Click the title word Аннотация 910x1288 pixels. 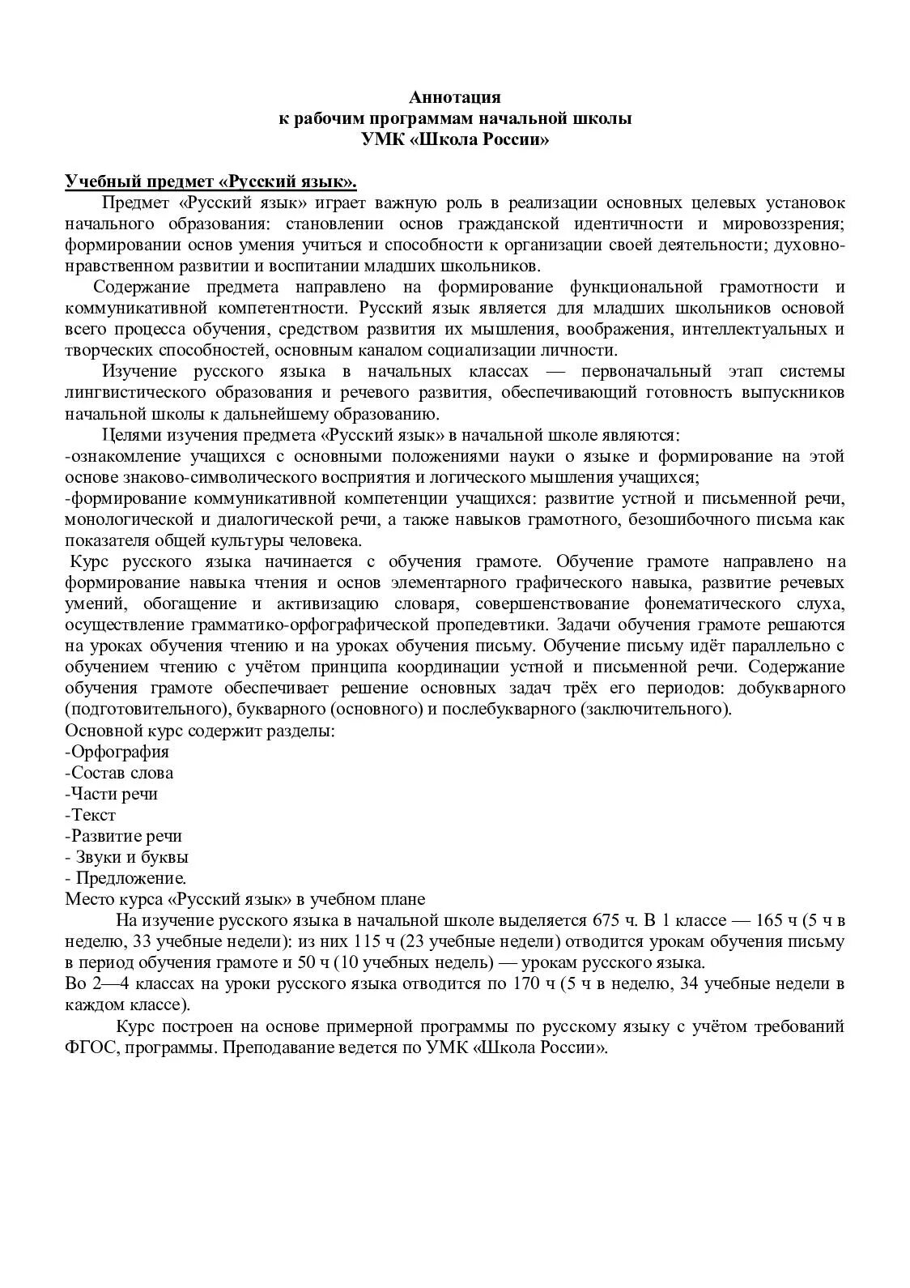point(455,97)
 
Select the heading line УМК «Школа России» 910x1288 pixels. point(455,139)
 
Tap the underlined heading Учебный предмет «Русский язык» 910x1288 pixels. point(211,181)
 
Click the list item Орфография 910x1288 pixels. point(117,751)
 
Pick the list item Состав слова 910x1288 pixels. point(120,772)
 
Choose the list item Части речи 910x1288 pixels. point(112,793)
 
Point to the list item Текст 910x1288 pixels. point(91,814)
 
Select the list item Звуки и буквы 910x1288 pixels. point(128,856)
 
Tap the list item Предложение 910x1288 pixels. point(128,877)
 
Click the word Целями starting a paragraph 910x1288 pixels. point(132,435)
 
